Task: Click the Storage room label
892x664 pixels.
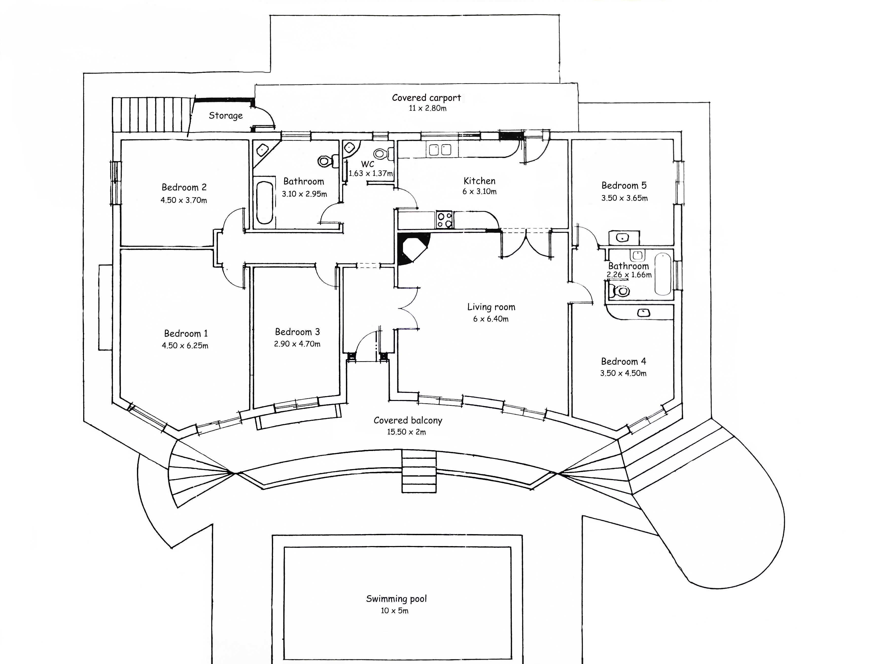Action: click(x=225, y=116)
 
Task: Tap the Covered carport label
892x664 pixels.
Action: click(x=427, y=98)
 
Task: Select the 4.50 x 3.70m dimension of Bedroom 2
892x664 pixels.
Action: click(x=184, y=200)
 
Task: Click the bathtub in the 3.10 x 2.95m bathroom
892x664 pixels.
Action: click(x=265, y=202)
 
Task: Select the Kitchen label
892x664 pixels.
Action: click(x=479, y=181)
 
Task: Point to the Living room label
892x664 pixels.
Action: click(x=491, y=307)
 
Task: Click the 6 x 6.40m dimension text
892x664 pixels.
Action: click(x=491, y=319)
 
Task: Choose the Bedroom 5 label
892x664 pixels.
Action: click(x=624, y=186)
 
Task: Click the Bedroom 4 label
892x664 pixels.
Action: click(x=623, y=361)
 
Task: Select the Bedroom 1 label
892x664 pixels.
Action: click(x=186, y=334)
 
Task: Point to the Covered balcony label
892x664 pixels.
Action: click(x=408, y=421)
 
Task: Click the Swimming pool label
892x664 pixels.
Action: click(x=396, y=599)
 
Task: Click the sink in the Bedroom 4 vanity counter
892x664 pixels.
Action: click(x=644, y=312)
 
